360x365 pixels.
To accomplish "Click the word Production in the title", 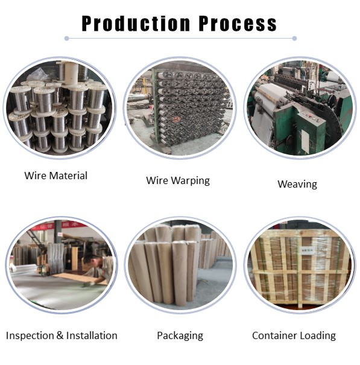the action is point(136,24).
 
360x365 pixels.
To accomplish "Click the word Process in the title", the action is point(238,24).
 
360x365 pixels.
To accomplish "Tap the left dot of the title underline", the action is point(66,39).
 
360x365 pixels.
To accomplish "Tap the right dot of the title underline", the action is point(294,39).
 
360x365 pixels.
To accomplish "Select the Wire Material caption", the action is point(56,176).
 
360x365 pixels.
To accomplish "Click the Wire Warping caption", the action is point(178,180).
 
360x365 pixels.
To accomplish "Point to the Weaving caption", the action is point(297,184).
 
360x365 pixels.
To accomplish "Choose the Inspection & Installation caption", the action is point(62,335).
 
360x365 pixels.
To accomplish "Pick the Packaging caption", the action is point(180,336).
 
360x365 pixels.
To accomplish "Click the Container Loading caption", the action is point(294,336).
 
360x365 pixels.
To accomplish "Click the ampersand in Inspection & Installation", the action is point(60,335).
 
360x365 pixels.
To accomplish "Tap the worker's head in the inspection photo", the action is point(91,260).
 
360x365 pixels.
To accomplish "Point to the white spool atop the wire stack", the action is point(71,72).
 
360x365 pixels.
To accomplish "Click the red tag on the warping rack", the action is point(176,119).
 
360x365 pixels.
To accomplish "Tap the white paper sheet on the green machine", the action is point(305,141).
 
